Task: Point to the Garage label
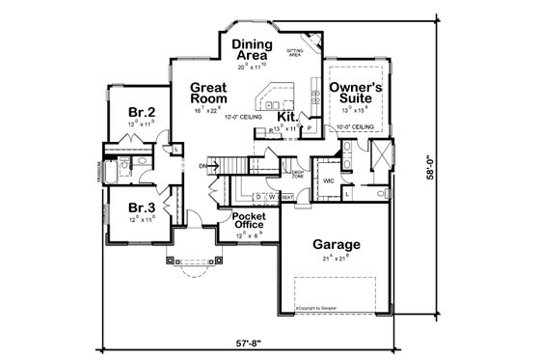point(337,245)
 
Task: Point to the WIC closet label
point(328,180)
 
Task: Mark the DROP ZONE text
point(299,175)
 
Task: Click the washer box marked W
point(272,196)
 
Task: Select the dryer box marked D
point(258,196)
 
